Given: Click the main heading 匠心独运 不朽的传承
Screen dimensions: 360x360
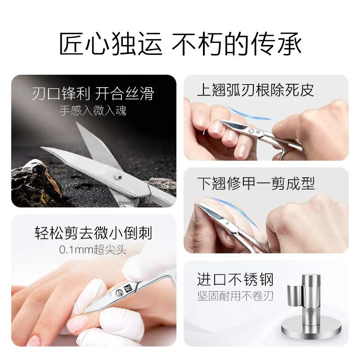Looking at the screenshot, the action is point(180,44).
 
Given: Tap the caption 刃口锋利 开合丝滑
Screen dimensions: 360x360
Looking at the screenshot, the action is point(93,94).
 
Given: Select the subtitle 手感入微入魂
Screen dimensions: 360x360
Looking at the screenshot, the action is point(93,111).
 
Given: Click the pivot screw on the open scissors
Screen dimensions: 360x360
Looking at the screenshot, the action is point(118,177).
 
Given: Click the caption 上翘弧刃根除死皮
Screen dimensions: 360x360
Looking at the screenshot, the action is point(256,90).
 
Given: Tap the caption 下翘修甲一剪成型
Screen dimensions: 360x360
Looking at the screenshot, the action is point(256,183).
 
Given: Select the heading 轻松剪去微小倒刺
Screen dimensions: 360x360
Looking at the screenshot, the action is point(93,233).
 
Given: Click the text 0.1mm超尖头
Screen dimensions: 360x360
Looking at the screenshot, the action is point(93,250).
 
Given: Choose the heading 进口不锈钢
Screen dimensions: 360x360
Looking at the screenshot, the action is point(235,279).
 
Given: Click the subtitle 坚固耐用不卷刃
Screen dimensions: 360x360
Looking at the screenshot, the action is point(235,296).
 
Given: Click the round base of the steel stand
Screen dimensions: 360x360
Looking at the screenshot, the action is point(311,328).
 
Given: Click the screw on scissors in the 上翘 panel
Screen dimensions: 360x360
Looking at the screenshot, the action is point(251,131).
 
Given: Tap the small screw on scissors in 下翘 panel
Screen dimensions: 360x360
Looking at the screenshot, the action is point(227,223).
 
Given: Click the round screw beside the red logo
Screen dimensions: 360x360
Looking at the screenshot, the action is point(119,293).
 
